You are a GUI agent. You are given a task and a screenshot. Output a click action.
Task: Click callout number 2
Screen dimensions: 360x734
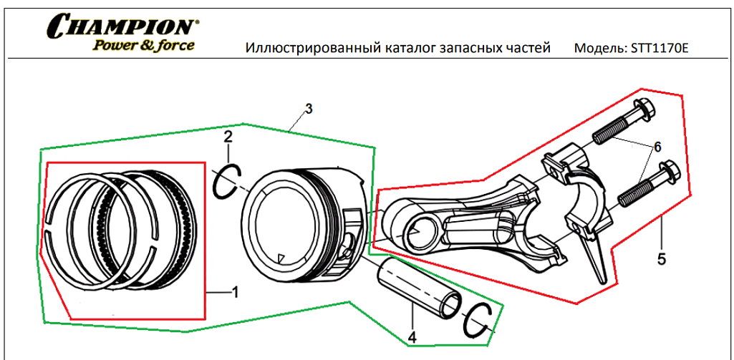click(228, 136)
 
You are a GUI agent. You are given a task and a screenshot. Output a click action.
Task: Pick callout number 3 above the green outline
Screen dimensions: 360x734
click(309, 110)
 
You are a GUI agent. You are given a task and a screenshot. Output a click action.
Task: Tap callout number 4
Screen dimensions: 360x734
click(412, 336)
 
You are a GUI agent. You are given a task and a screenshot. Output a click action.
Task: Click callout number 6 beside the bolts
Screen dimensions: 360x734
click(655, 147)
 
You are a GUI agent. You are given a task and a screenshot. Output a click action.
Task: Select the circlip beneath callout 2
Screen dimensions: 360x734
click(228, 180)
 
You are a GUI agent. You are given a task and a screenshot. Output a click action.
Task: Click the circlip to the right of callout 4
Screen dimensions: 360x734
click(478, 319)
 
